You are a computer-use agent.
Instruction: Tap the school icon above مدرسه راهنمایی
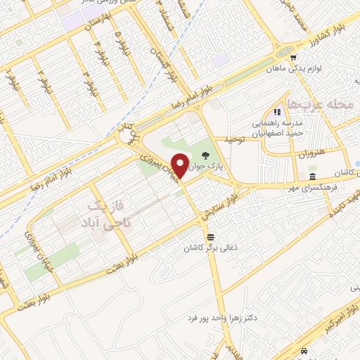[278, 112]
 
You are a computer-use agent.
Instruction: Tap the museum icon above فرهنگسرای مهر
[311, 176]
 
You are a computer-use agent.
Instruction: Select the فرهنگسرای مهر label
[295, 186]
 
